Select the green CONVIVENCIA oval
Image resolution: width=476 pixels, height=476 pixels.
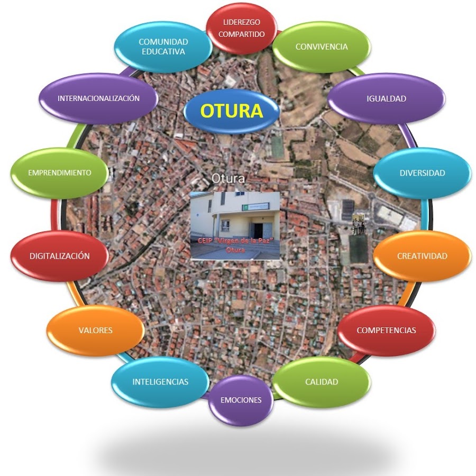click(x=322, y=47)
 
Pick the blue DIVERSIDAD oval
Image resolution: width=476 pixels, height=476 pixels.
click(x=422, y=173)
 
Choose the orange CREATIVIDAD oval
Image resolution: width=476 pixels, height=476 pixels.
click(x=422, y=256)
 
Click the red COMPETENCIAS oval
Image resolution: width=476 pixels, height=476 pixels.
click(x=386, y=330)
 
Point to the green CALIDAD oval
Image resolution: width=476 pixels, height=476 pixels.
click(x=321, y=381)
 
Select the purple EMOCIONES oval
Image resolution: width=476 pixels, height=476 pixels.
click(x=241, y=400)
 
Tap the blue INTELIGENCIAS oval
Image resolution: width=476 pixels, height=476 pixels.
click(x=160, y=381)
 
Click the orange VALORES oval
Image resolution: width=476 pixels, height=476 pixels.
click(x=95, y=330)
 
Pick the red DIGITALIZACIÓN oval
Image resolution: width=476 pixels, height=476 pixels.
click(x=59, y=256)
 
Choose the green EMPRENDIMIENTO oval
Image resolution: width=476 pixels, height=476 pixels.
click(x=59, y=172)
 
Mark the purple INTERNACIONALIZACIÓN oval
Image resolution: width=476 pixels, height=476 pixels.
click(x=98, y=98)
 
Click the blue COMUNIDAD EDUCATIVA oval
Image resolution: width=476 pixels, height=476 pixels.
click(x=163, y=47)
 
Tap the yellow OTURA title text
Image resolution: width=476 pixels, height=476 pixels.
click(x=232, y=111)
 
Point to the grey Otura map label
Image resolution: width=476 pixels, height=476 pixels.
click(x=228, y=179)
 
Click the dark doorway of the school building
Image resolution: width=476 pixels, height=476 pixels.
click(x=258, y=231)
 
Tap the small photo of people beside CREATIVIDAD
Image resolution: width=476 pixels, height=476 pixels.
click(x=359, y=224)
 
